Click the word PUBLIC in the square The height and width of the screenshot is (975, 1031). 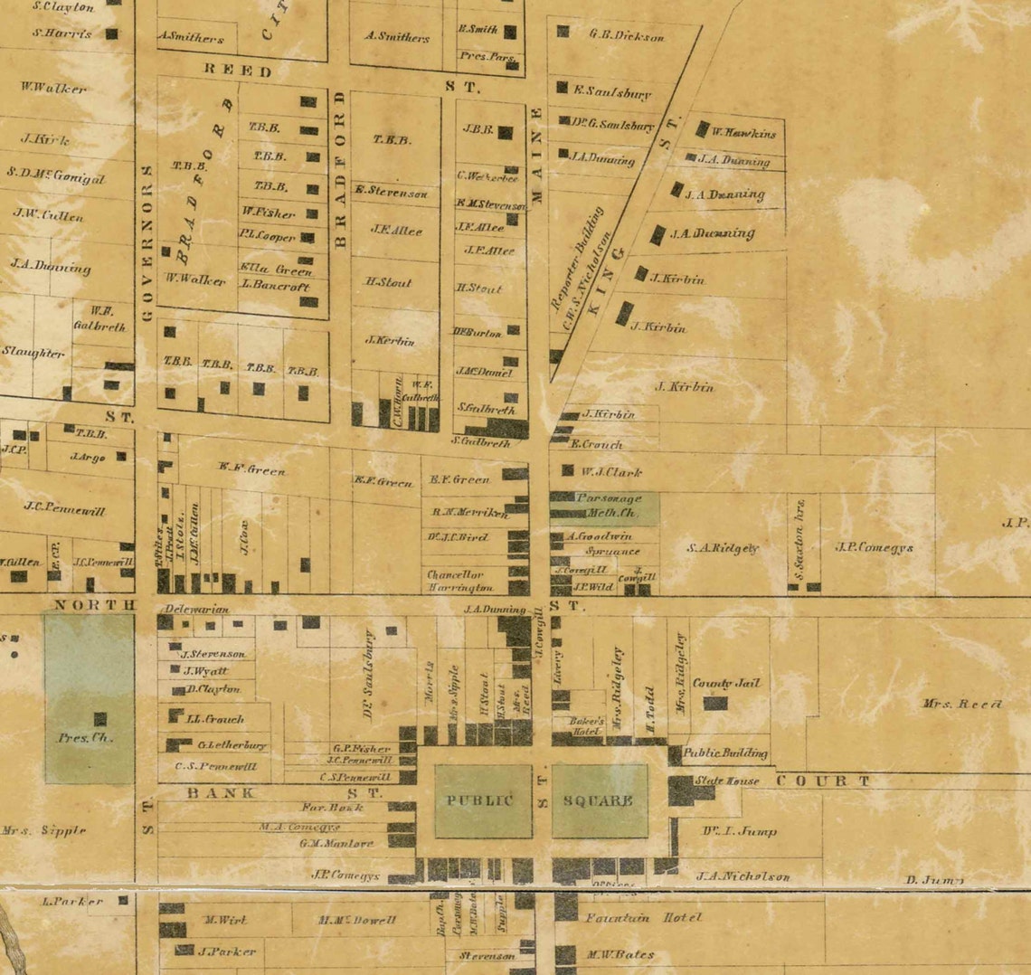click(x=479, y=800)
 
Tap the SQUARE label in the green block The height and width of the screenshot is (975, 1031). click(x=598, y=800)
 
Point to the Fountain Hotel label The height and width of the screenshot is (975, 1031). click(x=643, y=917)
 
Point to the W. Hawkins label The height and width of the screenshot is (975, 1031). click(x=744, y=133)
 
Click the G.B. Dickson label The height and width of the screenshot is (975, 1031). click(x=627, y=36)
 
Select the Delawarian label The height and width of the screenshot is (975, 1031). click(x=197, y=609)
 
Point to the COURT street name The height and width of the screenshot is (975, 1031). click(x=823, y=781)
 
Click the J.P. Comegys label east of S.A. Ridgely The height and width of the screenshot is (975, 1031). click(x=874, y=547)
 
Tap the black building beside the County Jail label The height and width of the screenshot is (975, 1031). click(x=715, y=703)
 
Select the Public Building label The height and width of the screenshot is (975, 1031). click(x=725, y=753)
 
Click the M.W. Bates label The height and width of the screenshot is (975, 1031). click(x=620, y=954)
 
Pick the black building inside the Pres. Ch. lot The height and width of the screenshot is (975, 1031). click(x=100, y=719)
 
